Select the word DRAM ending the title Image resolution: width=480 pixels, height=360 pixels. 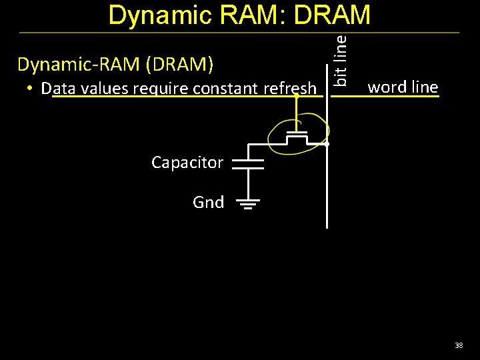pyautogui.click(x=332, y=16)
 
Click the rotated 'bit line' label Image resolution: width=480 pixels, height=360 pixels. pyautogui.click(x=340, y=60)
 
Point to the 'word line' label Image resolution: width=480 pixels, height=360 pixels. pyautogui.click(x=403, y=87)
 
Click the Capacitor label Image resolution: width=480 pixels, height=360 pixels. pyautogui.click(x=187, y=163)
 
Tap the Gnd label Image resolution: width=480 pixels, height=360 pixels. pyautogui.click(x=209, y=202)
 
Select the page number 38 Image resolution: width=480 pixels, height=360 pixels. pyautogui.click(x=459, y=345)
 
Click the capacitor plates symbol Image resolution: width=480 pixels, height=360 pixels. pyautogui.click(x=248, y=164)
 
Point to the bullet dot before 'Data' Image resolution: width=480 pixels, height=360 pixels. pyautogui.click(x=31, y=89)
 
